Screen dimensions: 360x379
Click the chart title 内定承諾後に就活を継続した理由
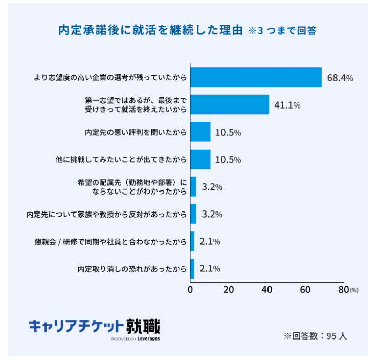tap(150, 30)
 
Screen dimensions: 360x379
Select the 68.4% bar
tap(256, 77)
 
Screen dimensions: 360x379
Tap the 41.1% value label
tap(287, 105)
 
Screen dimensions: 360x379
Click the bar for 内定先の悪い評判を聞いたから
tap(200, 132)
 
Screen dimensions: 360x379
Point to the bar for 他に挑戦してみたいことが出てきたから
tap(200, 159)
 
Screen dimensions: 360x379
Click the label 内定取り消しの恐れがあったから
tap(131, 269)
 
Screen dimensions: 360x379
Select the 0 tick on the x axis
tap(191, 290)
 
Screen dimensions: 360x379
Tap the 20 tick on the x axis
tap(229, 290)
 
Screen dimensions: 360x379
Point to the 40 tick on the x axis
tap(267, 290)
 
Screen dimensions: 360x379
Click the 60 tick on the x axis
tap(305, 290)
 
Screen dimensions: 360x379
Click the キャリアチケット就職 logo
tap(94, 326)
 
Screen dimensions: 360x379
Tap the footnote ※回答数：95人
tap(316, 336)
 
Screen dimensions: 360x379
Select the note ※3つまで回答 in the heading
tap(282, 31)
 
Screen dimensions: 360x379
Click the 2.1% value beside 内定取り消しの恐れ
tap(209, 269)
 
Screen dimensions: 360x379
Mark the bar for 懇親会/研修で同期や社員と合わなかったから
tap(192, 241)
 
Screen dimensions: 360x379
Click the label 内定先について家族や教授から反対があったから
tap(106, 214)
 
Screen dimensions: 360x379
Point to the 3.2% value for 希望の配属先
tap(212, 187)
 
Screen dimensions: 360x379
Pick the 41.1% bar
tap(230, 104)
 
